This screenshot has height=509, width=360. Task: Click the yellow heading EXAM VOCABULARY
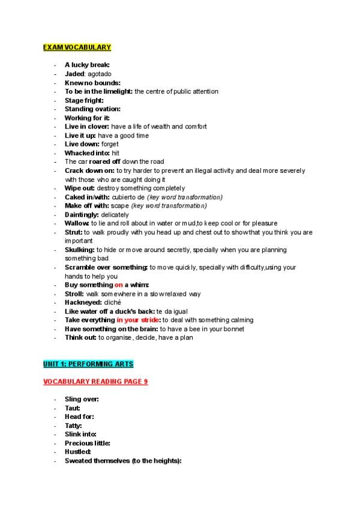pos(77,47)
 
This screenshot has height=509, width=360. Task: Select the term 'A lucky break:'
pos(87,65)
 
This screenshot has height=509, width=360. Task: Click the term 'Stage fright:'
pos(84,100)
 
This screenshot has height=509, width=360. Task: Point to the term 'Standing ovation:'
pos(92,109)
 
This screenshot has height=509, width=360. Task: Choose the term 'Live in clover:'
pos(87,127)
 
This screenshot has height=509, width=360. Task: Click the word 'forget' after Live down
pos(110,144)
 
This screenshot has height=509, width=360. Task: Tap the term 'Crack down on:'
pos(89,170)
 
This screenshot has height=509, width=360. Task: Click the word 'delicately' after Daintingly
pos(115,214)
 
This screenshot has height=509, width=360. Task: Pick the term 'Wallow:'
pos(77,223)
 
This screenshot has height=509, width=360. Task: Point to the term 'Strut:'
pos(74,232)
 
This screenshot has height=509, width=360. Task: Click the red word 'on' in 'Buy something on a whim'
pos(118,285)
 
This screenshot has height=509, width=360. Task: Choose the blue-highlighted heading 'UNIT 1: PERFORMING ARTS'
pos(88,364)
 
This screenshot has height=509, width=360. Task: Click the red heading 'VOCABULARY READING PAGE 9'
pos(95,382)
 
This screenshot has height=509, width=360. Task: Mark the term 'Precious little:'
pos(87,443)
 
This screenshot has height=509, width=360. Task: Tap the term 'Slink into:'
pos(80,434)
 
